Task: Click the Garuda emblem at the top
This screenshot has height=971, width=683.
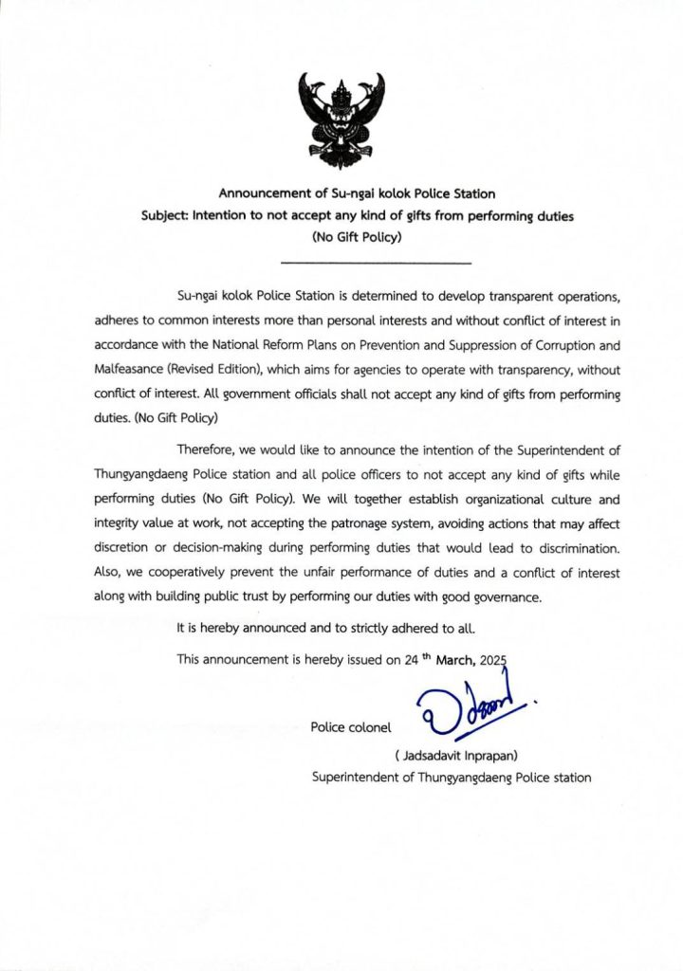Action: tap(341, 114)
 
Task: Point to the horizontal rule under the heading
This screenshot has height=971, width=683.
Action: tap(377, 262)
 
